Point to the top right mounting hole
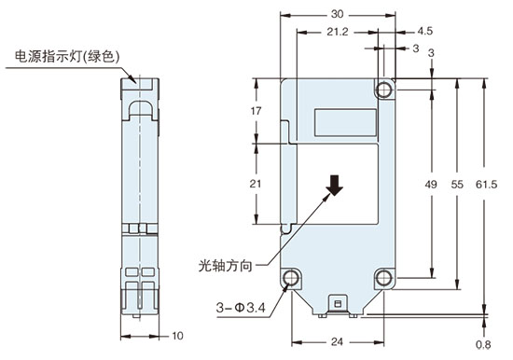(x=384, y=90)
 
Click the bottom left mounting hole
(x=292, y=278)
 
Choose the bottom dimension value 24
(x=337, y=341)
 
